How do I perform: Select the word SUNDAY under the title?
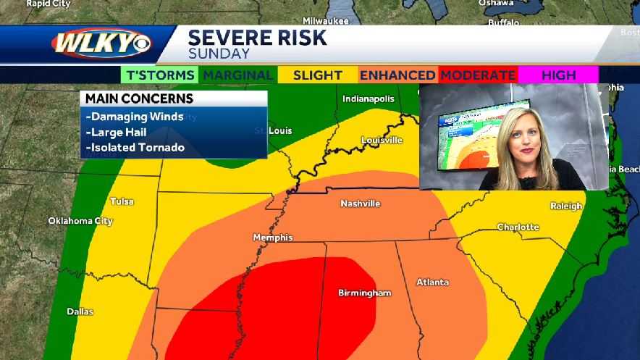pos(219,54)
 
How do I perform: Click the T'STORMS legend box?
pos(160,75)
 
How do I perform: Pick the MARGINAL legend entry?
pos(238,75)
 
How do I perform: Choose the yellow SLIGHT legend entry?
pos(318,75)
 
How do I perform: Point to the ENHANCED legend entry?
pos(397,75)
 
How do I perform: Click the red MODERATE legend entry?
pos(478,75)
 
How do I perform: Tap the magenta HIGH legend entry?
pos(558,75)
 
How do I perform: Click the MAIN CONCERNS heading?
pos(139,99)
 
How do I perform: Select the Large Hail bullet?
pos(116,132)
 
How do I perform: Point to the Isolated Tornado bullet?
pos(135,148)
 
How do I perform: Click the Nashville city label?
pos(360,204)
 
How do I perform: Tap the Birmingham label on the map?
pos(365,293)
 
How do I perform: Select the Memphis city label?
pos(273,237)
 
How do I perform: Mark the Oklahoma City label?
pos(80,220)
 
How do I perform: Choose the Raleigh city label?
pos(566,206)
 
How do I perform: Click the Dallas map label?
pos(80,311)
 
